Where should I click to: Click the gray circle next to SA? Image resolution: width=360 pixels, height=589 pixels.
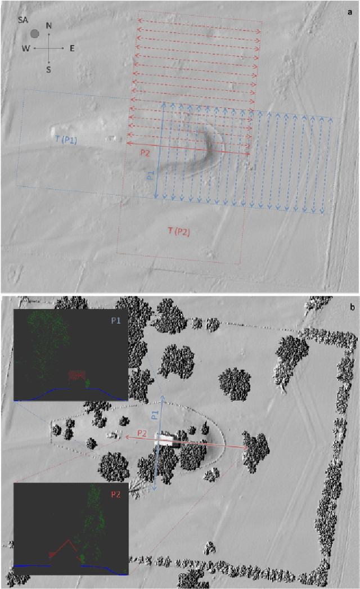click(35, 34)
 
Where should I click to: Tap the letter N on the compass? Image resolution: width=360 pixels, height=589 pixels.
click(49, 26)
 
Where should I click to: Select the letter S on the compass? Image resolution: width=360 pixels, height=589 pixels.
click(49, 69)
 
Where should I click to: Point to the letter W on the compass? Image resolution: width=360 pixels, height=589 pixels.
click(26, 48)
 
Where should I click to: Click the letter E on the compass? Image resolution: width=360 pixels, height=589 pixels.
click(72, 48)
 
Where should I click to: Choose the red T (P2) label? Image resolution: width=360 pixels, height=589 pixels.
click(178, 231)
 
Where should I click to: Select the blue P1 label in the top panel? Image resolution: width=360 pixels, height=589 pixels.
click(151, 175)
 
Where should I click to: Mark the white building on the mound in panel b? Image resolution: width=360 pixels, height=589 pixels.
click(167, 440)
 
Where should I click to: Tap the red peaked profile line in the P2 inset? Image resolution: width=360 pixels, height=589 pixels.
click(68, 543)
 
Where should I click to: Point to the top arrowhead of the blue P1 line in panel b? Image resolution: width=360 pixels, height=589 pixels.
click(163, 398)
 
